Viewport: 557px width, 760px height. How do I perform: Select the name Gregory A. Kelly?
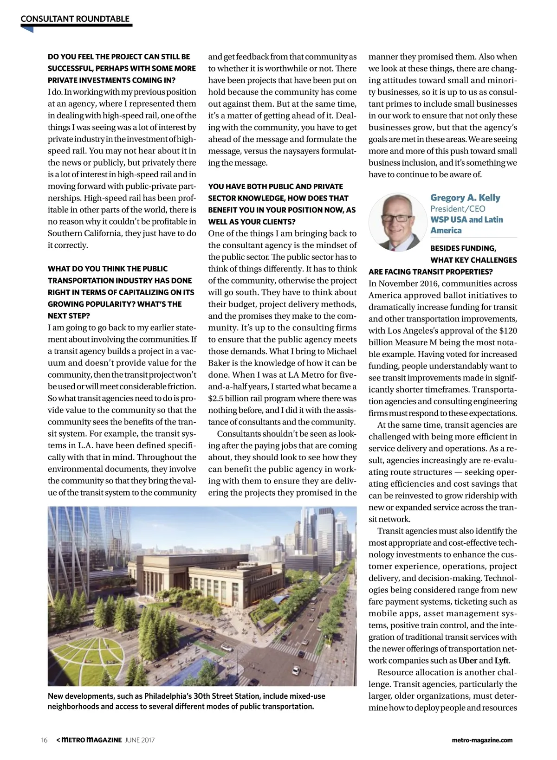(465, 198)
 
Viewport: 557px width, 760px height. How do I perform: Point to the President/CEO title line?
(451, 209)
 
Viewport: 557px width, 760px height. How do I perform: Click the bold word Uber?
(467, 661)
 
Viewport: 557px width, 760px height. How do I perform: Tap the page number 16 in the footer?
(45, 740)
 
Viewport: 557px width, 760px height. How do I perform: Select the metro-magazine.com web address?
(482, 740)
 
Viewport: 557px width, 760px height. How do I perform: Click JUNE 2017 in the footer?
(140, 740)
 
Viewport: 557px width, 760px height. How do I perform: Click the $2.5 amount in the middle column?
(216, 399)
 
